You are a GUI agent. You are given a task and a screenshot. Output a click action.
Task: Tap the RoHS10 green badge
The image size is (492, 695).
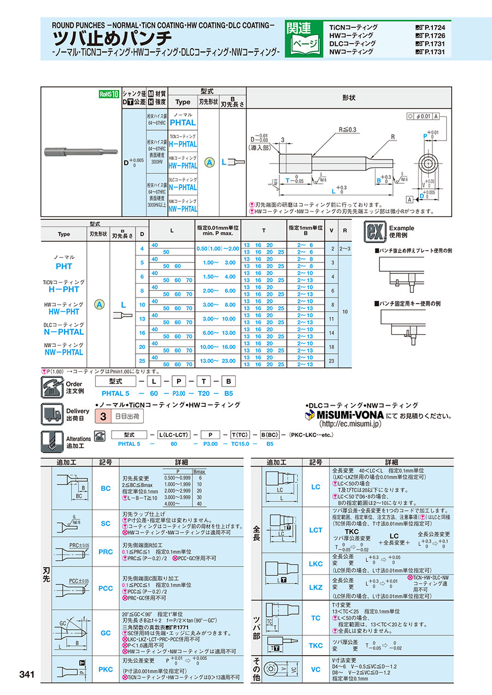[109, 94]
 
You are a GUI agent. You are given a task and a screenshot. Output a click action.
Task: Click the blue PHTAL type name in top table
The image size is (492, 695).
[183, 122]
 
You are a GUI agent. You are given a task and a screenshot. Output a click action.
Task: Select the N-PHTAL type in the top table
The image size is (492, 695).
[183, 186]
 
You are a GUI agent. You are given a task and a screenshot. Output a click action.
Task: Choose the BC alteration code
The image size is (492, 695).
[106, 488]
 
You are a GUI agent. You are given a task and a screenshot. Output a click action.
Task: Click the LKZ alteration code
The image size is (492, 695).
[316, 588]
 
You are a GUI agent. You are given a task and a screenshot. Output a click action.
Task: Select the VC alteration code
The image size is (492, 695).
[316, 669]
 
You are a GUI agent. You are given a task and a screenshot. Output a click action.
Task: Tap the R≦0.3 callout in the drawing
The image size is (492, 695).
[348, 130]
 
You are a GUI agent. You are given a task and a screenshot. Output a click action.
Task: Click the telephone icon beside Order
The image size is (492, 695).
[52, 387]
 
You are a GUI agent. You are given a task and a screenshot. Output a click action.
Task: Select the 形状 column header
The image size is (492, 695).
[349, 98]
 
